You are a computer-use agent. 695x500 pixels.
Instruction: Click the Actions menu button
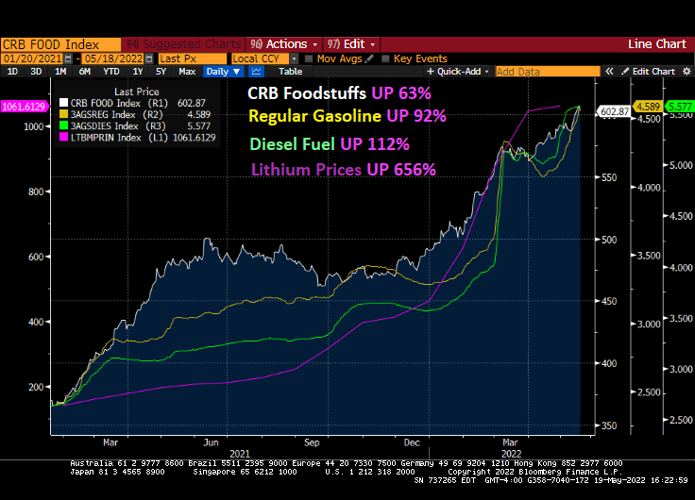(280, 44)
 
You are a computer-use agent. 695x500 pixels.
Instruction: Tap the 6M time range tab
(85, 72)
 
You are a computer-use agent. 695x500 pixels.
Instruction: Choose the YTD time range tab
(110, 72)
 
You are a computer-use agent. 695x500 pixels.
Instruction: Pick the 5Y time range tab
(161, 72)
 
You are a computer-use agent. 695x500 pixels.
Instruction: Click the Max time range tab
(187, 72)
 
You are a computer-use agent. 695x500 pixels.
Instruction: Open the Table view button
(291, 72)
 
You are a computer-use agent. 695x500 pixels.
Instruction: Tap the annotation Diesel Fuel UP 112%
(330, 144)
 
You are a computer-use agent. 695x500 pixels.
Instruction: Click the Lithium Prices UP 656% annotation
(343, 170)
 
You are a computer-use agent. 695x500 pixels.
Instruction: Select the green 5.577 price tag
(680, 107)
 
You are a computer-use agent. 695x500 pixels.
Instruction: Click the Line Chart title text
(656, 44)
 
